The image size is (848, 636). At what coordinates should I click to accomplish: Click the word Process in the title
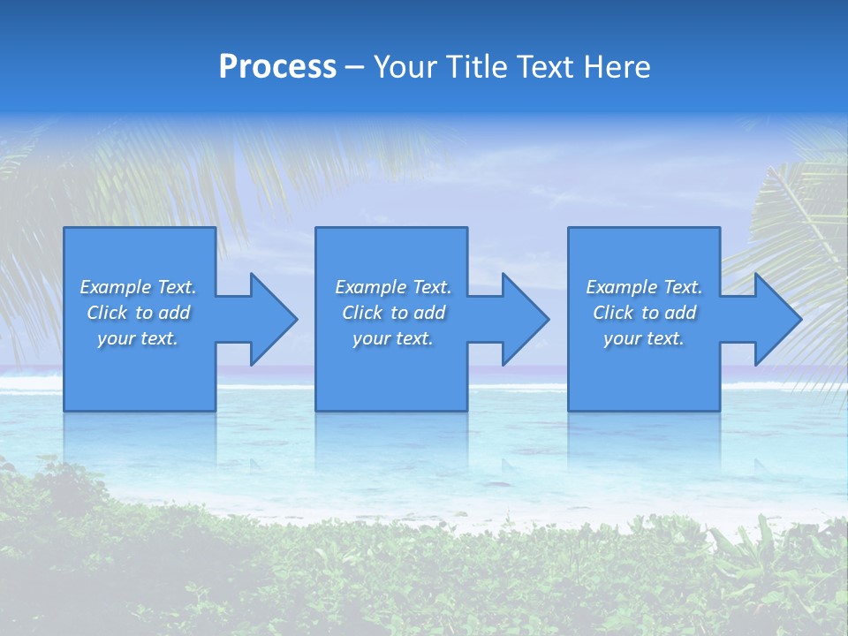277,67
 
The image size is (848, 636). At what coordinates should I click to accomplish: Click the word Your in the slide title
405,67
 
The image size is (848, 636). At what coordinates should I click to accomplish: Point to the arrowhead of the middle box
524,319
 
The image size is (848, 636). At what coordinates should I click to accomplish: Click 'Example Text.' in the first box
138,287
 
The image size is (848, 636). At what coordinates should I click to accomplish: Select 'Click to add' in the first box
138,313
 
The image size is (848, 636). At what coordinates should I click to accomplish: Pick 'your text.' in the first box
138,338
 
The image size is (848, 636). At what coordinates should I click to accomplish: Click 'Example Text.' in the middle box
393,287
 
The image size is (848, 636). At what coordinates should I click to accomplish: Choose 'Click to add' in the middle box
393,313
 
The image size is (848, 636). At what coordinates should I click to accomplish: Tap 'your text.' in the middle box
393,338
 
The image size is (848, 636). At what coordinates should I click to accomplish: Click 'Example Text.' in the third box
644,287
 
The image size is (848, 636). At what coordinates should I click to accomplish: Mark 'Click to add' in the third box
644,313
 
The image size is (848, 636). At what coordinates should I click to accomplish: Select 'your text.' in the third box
644,338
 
